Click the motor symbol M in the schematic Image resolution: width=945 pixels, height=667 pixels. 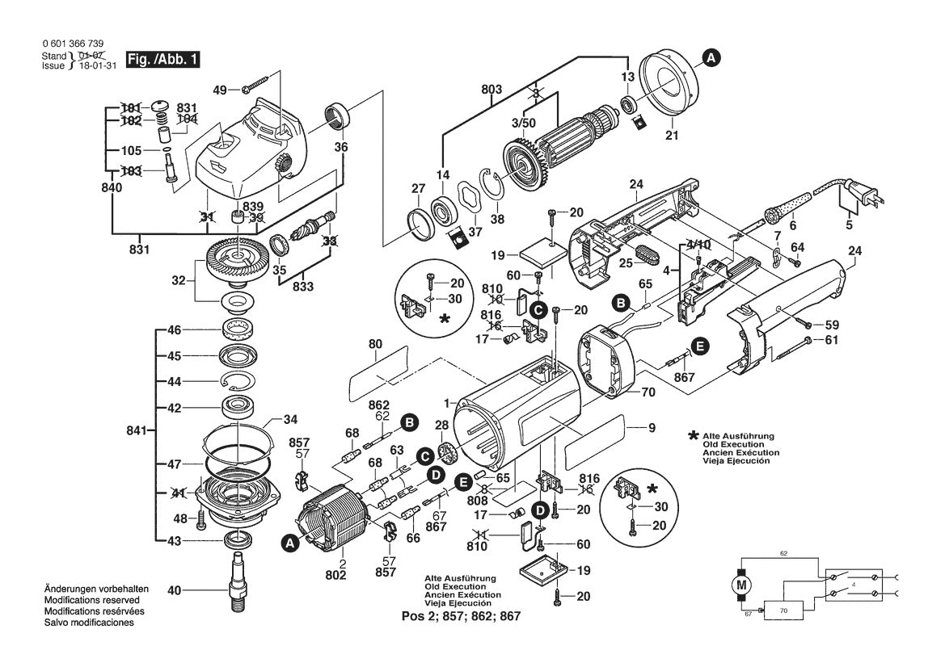[740, 583]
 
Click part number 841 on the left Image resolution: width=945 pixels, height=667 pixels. [136, 431]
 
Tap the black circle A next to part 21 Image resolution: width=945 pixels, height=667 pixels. [710, 57]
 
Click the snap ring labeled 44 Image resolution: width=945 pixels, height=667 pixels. [241, 380]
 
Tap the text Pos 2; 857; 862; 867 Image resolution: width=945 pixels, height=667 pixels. [461, 615]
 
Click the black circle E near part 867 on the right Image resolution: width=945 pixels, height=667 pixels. [700, 346]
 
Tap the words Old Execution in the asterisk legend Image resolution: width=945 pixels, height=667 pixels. [729, 444]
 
